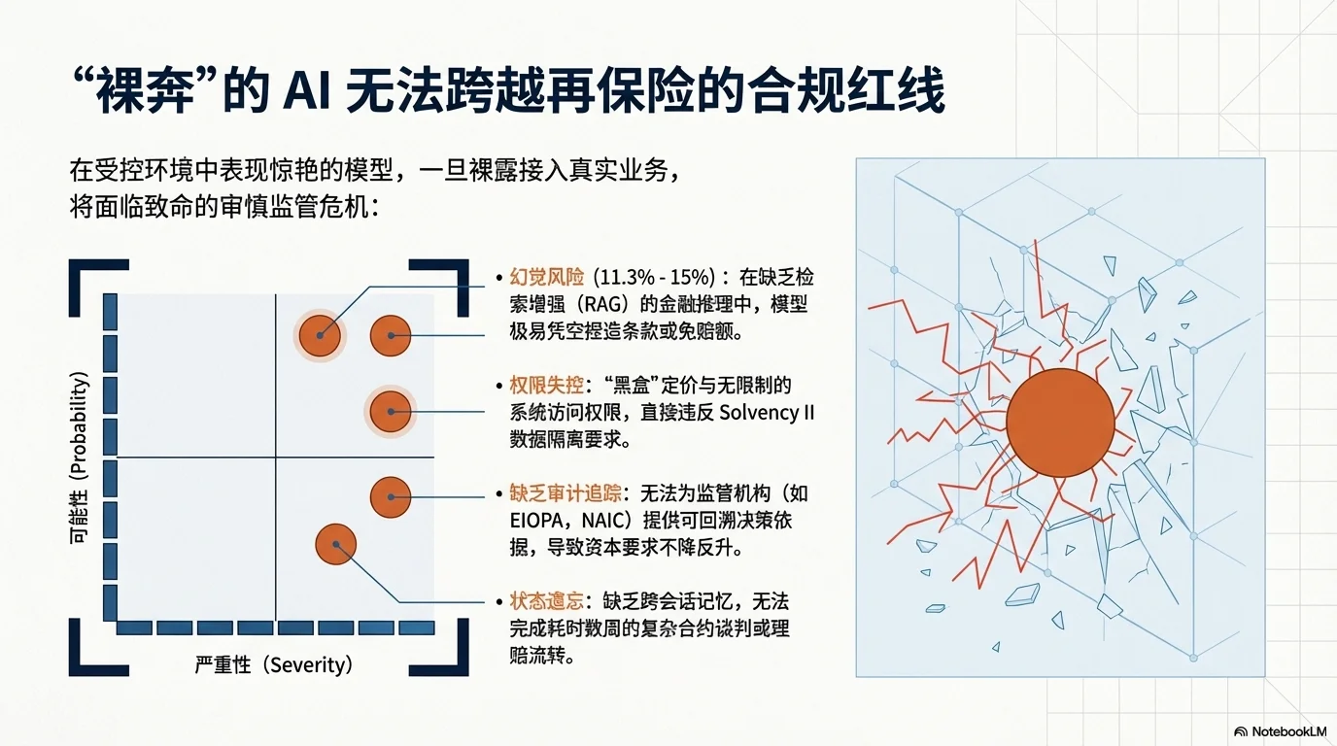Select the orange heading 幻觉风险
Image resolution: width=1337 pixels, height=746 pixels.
pyautogui.click(x=546, y=277)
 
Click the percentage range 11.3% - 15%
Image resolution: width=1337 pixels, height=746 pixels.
pyautogui.click(x=653, y=277)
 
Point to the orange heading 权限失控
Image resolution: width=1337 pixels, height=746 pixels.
pyautogui.click(x=546, y=385)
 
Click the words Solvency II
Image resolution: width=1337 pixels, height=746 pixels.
pyautogui.click(x=767, y=412)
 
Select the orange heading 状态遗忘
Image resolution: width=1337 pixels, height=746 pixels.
pyautogui.click(x=546, y=601)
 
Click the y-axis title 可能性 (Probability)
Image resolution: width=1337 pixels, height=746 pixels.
pyautogui.click(x=82, y=458)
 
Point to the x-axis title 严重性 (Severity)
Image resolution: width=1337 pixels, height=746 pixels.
pyautogui.click(x=273, y=665)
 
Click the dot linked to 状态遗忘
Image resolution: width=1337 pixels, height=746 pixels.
pyautogui.click(x=335, y=544)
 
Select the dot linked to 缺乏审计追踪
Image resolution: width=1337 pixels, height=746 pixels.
pyautogui.click(x=391, y=497)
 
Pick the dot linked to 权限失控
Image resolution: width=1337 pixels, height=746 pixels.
pyautogui.click(x=391, y=412)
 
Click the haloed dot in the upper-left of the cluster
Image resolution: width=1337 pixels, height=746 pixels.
pyautogui.click(x=320, y=335)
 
